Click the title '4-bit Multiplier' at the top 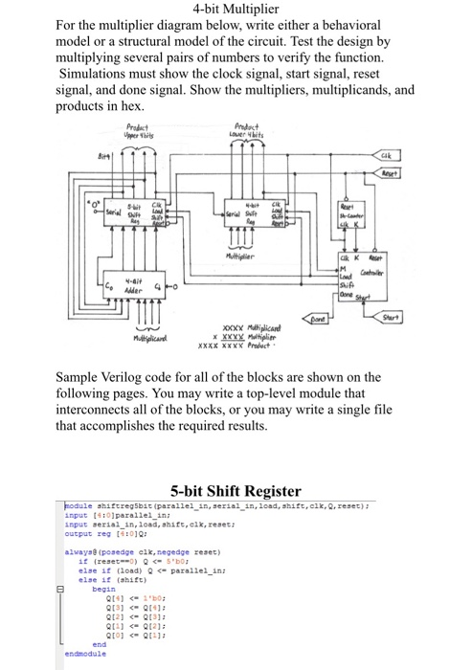tap(236, 11)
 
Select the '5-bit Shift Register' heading tap(236, 490)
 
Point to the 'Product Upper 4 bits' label tap(144, 136)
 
